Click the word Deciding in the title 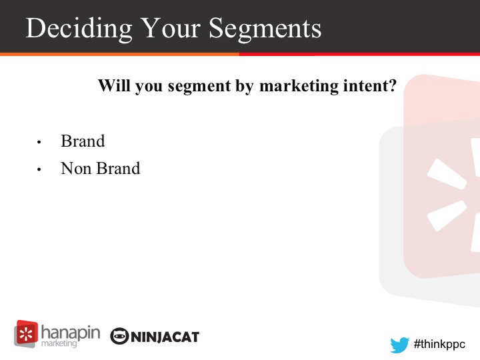79,29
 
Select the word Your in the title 171,28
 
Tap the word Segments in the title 265,29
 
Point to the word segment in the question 199,87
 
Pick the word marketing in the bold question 299,86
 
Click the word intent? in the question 370,85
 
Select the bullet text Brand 83,141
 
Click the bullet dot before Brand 39,142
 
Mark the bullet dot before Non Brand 39,169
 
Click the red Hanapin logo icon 26,334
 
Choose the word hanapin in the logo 71,333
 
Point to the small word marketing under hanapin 59,343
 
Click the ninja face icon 119,336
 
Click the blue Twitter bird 400,345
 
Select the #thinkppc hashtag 439,345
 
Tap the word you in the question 149,87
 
